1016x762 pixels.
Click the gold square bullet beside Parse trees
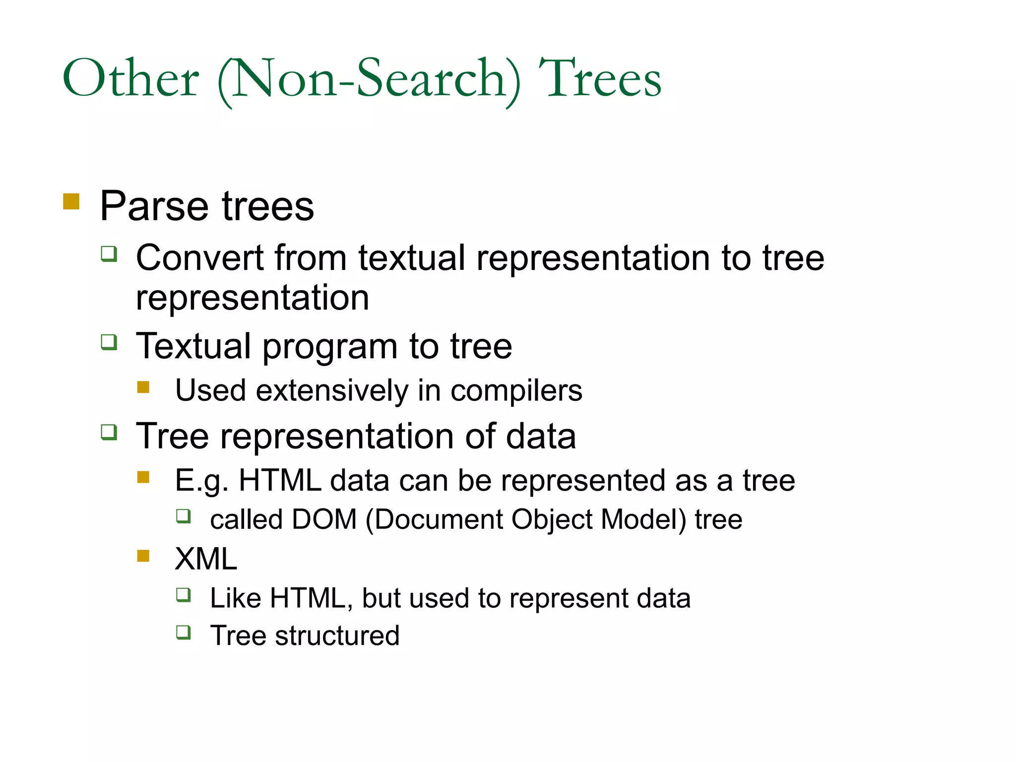click(71, 201)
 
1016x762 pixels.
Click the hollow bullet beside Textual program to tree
click(109, 342)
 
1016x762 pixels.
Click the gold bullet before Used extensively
click(143, 387)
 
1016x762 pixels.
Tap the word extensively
click(332, 391)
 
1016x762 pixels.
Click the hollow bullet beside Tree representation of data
click(109, 432)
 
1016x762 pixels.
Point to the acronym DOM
click(324, 519)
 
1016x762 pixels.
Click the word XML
click(206, 559)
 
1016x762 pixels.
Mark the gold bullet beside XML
click(143, 556)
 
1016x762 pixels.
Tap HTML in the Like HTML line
click(308, 598)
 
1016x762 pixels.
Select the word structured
click(337, 636)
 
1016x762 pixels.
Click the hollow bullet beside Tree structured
click(184, 633)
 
